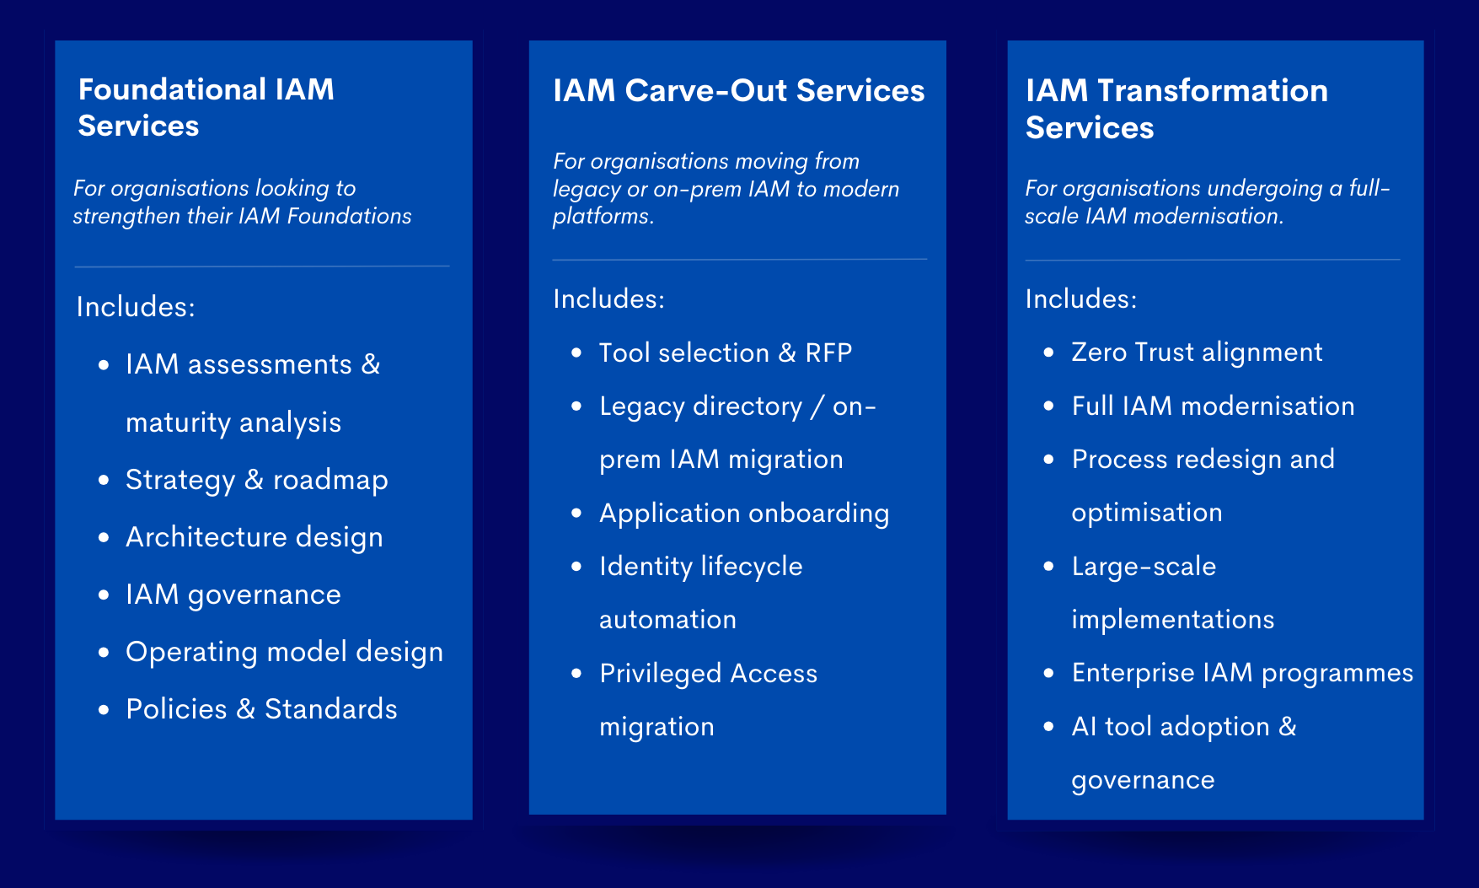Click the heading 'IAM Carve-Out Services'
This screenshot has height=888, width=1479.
[x=738, y=91]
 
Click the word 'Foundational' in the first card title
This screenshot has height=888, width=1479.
[x=171, y=89]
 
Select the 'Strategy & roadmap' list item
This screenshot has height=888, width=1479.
[x=256, y=480]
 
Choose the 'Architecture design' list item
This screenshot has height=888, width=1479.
[x=254, y=537]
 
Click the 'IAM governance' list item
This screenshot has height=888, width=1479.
[x=233, y=595]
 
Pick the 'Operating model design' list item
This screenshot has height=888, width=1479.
[x=284, y=652]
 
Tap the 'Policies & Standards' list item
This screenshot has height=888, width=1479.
[x=261, y=709]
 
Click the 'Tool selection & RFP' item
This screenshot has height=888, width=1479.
[x=725, y=353]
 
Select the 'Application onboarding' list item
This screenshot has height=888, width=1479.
[x=743, y=514]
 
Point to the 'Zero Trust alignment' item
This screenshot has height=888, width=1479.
[x=1197, y=352]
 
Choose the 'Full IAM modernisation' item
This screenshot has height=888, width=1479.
[x=1213, y=406]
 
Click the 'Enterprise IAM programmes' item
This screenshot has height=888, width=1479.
[x=1242, y=673]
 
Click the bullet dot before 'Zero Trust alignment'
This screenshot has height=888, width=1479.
[x=1048, y=353]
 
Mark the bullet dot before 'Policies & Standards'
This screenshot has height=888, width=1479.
[x=104, y=710]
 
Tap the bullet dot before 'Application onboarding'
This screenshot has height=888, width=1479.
[x=576, y=514]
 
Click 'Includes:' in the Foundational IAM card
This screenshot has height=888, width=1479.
[x=136, y=307]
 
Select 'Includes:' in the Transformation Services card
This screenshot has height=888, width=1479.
[x=1080, y=299]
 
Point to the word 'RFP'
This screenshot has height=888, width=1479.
[x=828, y=353]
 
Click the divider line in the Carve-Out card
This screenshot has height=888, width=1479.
[x=739, y=259]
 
